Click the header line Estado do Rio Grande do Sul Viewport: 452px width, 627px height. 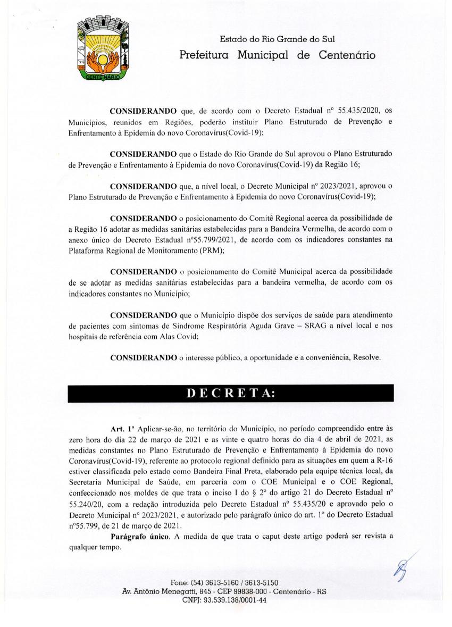(277, 39)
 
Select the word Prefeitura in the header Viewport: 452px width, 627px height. (204, 55)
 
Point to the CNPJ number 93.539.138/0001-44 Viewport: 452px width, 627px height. (237, 600)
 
